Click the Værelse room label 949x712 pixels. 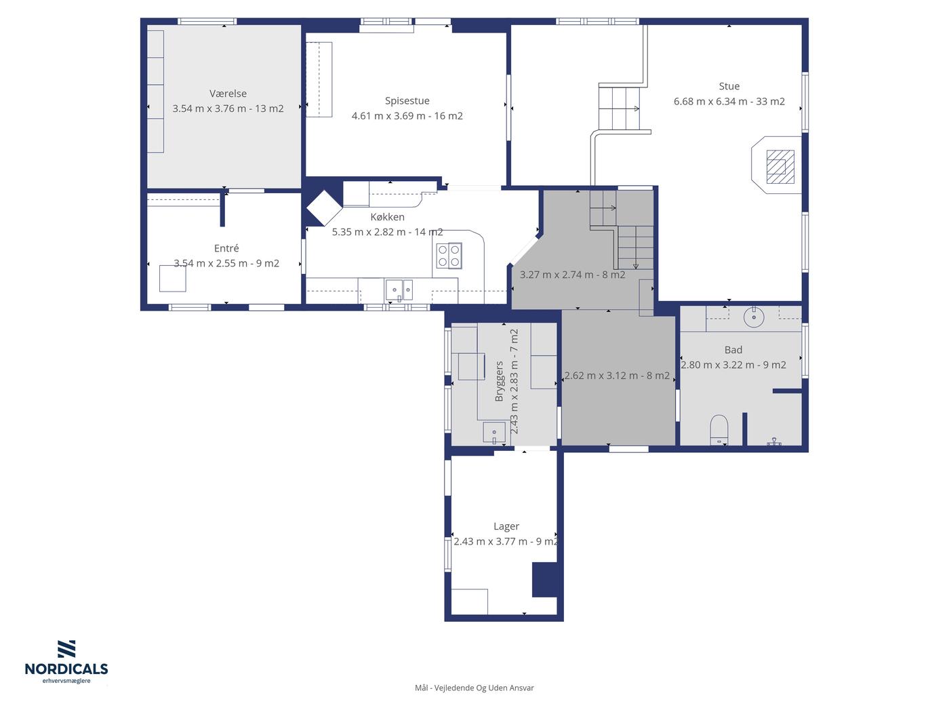coord(228,94)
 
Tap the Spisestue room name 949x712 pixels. coord(407,101)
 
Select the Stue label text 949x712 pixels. coord(729,87)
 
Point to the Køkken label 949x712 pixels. coord(387,216)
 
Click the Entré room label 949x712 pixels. coord(226,248)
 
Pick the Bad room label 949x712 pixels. coord(733,350)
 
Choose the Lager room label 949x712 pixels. coord(506,527)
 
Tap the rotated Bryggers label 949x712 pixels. coord(500,381)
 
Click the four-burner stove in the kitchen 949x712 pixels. coord(449,256)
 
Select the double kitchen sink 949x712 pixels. coord(399,290)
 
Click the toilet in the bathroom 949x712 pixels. coord(719,430)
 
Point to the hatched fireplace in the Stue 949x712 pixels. coord(780,166)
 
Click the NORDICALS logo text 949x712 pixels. coord(66,669)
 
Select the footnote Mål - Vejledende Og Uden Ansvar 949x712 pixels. coord(474,688)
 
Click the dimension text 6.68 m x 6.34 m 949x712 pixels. coord(710,102)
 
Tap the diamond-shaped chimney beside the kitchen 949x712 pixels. coord(324,208)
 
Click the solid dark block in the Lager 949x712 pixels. coord(544,580)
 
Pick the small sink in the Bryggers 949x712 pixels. coord(494,433)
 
